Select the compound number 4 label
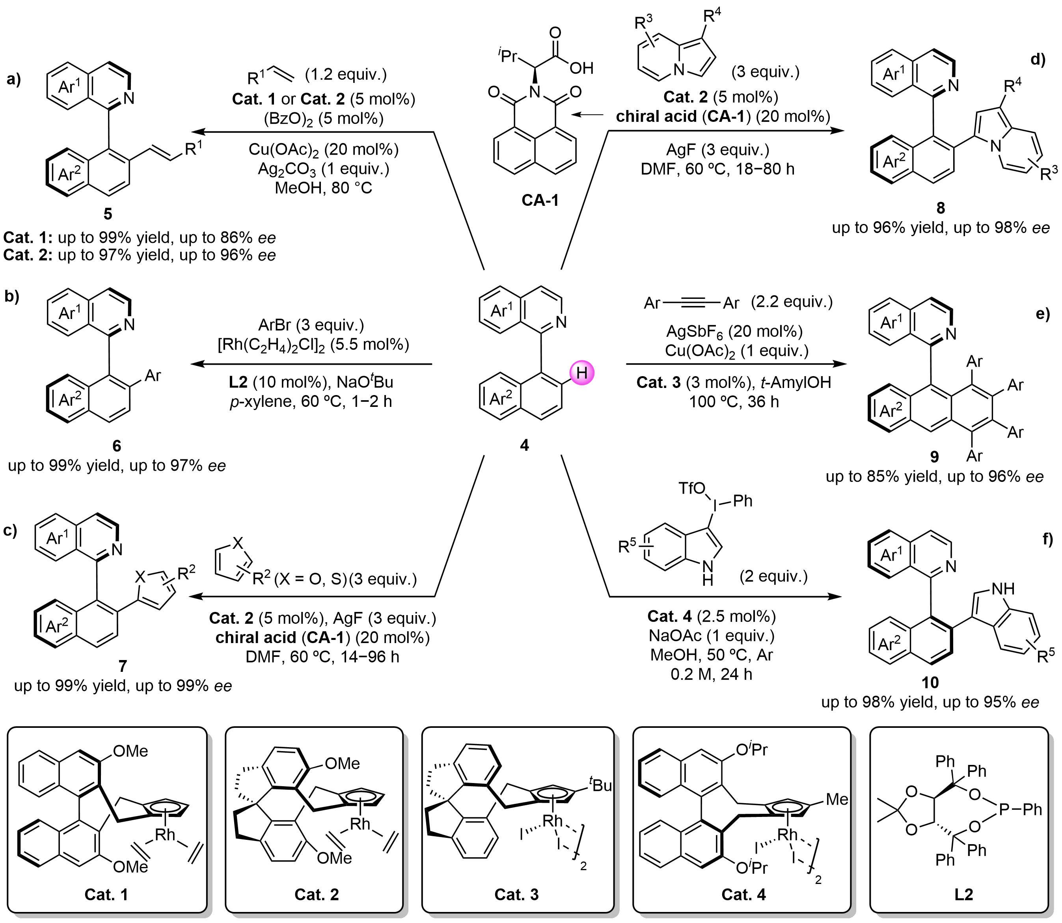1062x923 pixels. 524,445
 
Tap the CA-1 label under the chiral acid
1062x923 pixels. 540,200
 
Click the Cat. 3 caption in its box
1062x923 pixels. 516,895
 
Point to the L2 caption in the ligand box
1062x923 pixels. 963,895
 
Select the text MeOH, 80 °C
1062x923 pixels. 323,188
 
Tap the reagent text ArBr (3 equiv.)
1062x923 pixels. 311,325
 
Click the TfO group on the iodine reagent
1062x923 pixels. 692,488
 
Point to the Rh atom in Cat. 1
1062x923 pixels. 165,834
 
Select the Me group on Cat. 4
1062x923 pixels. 837,799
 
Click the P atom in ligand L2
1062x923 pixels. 1004,809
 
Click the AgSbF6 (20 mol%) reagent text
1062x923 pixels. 734,332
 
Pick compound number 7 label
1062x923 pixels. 123,666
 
